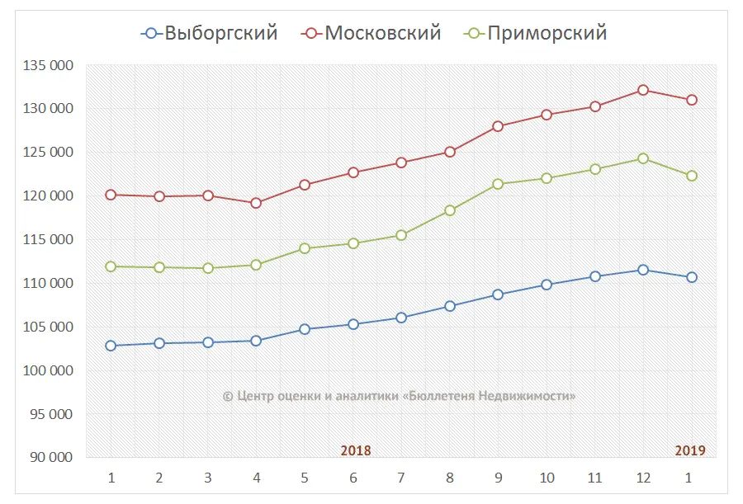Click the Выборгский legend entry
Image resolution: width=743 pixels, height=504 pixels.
point(210,33)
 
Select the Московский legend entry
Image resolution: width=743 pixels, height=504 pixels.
point(372,33)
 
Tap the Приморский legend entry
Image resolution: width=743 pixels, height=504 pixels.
point(536,33)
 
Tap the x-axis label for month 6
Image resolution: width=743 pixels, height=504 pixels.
point(353,478)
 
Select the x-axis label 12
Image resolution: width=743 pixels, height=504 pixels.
point(642,478)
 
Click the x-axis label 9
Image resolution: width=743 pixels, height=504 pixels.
point(498,478)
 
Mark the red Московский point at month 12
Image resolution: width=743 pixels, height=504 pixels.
point(643,90)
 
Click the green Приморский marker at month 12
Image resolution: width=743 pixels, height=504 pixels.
point(643,158)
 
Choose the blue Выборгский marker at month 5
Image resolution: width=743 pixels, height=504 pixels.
point(305,329)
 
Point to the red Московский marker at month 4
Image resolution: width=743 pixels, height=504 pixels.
point(256,203)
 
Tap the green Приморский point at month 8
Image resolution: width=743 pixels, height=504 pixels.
point(450,210)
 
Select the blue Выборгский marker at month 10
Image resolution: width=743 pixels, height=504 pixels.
point(547,285)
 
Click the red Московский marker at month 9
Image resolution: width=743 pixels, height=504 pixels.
point(498,126)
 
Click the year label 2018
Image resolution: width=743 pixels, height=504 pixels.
point(356,450)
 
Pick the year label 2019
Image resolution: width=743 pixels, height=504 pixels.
point(690,450)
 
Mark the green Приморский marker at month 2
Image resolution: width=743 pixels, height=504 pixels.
point(159,267)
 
